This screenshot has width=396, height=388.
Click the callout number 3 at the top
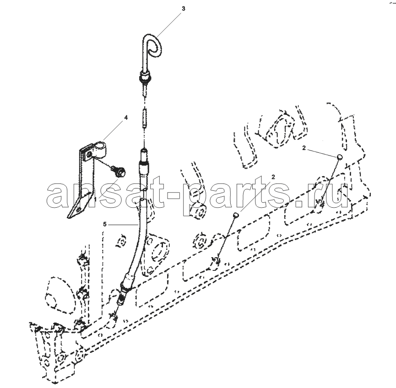click(x=184, y=9)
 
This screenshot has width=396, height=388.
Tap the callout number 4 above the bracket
click(x=126, y=118)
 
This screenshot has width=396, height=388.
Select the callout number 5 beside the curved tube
click(x=105, y=224)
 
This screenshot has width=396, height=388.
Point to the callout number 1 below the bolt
click(x=96, y=199)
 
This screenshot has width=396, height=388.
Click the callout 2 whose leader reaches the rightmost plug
click(x=304, y=148)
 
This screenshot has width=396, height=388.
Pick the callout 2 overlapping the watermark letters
click(x=273, y=177)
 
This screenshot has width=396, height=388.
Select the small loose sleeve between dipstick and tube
click(x=145, y=118)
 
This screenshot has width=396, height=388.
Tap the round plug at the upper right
click(x=340, y=157)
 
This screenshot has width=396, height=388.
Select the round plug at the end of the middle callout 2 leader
click(x=236, y=215)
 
